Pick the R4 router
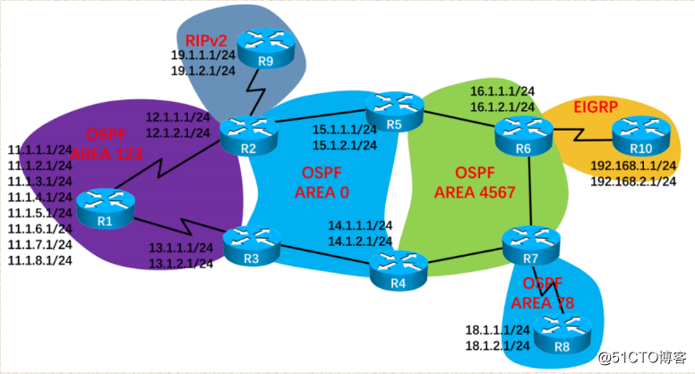399,266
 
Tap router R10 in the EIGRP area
639,138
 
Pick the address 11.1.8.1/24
39,259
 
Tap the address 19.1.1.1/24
202,55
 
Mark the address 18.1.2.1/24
498,345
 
